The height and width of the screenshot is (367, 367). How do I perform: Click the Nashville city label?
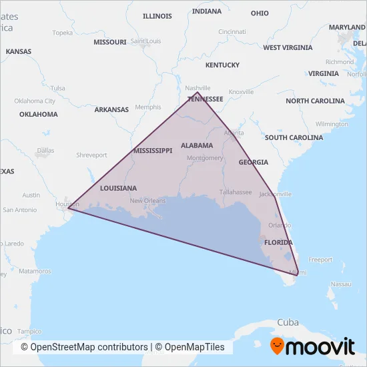(197, 87)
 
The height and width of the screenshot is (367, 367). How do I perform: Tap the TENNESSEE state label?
(205, 99)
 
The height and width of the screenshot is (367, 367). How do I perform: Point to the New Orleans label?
(147, 201)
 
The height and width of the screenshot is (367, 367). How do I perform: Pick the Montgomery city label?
(205, 158)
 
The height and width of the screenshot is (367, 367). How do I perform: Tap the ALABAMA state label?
(196, 145)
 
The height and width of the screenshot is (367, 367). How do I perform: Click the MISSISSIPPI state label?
(153, 151)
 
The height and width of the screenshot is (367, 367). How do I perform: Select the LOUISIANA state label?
(118, 188)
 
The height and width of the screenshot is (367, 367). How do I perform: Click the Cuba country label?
(288, 322)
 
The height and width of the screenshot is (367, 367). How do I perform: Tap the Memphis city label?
(147, 107)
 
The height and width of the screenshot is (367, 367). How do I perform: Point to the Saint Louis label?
(146, 41)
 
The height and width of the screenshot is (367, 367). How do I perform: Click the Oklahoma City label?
(35, 101)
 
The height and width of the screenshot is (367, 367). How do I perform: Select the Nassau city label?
(340, 284)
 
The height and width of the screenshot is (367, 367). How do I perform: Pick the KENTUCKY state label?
(222, 65)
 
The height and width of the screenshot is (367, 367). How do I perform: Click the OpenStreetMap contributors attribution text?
(84, 347)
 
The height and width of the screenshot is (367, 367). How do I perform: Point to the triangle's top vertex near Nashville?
(198, 93)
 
